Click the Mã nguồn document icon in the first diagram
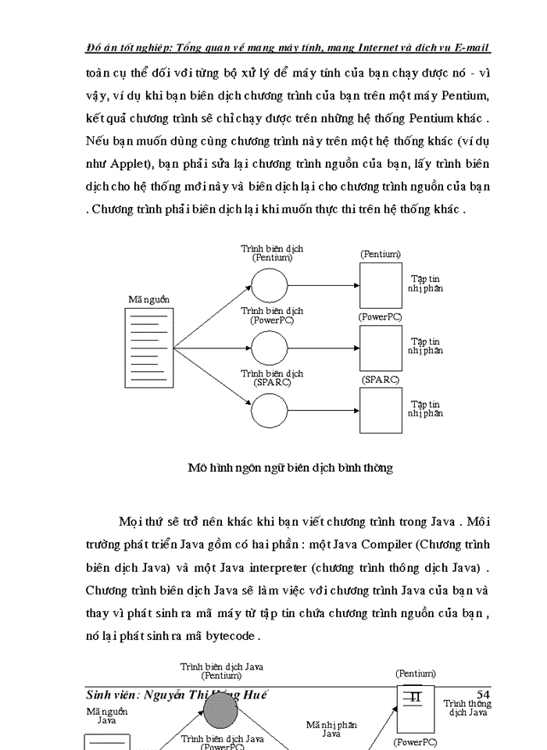point(148,347)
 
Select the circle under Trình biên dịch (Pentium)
point(270,285)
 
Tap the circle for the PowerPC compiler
point(270,348)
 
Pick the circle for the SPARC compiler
point(270,409)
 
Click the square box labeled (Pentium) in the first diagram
point(381,285)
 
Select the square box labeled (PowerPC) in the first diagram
point(381,348)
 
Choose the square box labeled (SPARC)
point(381,409)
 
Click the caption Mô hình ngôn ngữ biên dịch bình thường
point(290,468)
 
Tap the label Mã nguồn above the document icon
point(149,299)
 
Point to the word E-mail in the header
point(470,48)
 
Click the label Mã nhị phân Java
point(331,729)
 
